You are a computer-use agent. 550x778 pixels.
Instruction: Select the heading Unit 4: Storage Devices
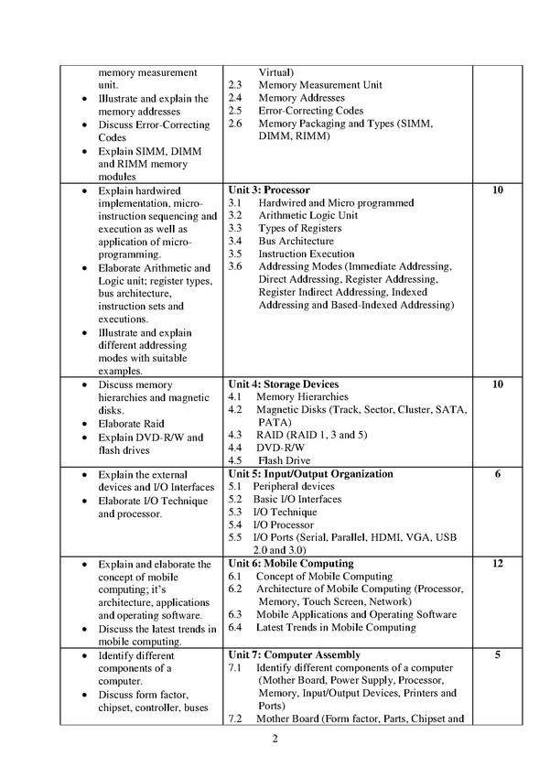[283, 384]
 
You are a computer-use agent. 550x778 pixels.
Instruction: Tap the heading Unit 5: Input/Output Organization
[310, 474]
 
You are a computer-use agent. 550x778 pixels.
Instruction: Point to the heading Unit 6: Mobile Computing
[290, 564]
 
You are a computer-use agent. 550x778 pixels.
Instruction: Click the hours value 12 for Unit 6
[498, 564]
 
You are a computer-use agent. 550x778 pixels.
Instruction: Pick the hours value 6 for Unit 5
[498, 474]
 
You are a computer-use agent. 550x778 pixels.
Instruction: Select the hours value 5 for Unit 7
[498, 655]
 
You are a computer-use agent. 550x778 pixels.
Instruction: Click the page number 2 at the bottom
[274, 740]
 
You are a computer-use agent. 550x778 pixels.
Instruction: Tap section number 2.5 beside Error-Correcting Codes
[235, 111]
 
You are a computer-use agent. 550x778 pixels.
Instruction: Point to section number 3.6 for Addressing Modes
[235, 266]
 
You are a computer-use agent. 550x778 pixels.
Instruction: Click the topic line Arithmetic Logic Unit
[307, 215]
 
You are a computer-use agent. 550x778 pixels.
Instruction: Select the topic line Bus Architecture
[296, 241]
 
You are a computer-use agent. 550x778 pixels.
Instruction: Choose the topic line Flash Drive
[284, 460]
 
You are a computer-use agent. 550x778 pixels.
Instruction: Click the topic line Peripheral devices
[295, 486]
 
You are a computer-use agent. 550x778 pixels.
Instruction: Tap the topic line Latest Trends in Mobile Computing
[336, 628]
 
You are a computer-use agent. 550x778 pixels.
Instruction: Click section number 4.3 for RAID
[235, 435]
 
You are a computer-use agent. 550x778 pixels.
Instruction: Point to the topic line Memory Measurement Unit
[320, 85]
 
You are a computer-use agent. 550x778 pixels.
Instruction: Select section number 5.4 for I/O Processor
[235, 524]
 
